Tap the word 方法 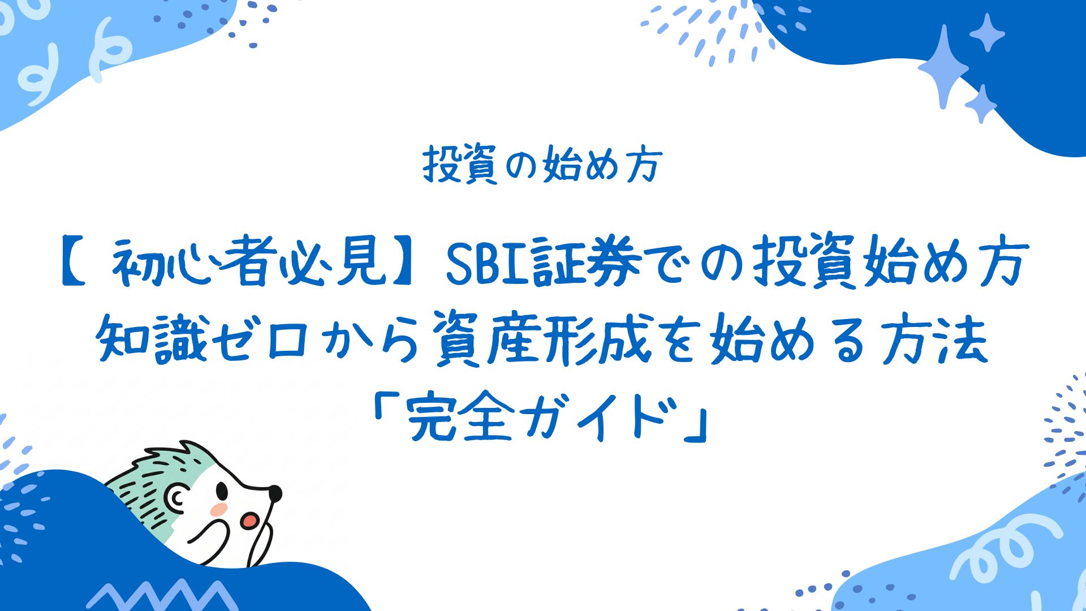pos(933,339)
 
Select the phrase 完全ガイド pos(541,419)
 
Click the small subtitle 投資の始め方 pos(542,165)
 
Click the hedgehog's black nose pos(274,493)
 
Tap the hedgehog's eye pos(222,490)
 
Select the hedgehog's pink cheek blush pos(219,509)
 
